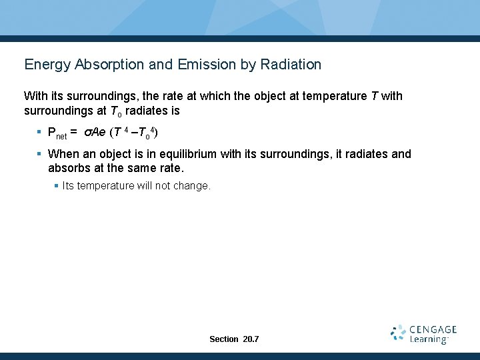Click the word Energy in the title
tap(44, 65)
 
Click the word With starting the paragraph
tap(35, 96)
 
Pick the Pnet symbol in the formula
tap(57, 133)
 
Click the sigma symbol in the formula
tap(87, 133)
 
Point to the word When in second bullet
tap(63, 154)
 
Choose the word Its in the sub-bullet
tap(69, 186)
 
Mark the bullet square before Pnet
tap(39, 133)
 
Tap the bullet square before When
tap(39, 154)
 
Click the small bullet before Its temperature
tap(56, 186)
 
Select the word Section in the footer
tap(223, 339)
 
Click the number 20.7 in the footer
tap(251, 339)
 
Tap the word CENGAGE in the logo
tap(433, 329)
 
